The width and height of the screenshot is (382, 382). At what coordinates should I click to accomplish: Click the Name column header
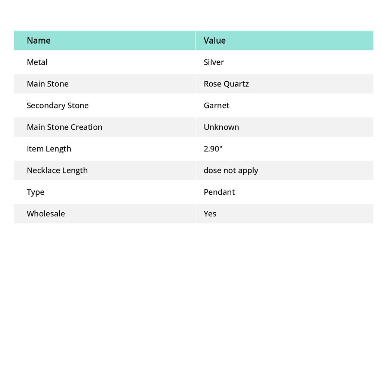pos(38,41)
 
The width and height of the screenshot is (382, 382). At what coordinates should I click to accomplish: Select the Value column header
pos(215,41)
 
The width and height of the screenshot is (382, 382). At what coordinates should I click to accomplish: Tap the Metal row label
pos(37,62)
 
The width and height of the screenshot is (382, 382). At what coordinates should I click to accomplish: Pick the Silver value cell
pos(214,62)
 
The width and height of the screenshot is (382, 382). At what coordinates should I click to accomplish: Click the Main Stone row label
pos(47,84)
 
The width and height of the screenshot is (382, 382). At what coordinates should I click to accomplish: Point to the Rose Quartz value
pos(226,84)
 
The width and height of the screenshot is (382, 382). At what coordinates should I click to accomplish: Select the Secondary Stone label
pos(57,106)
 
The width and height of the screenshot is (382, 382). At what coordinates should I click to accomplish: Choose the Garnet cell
pos(216,106)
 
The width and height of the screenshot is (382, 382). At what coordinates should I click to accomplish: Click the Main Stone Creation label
pos(64,127)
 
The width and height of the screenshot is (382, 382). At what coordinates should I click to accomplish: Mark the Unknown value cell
pos(221,127)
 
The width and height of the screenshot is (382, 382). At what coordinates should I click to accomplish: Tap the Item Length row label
pos(49,149)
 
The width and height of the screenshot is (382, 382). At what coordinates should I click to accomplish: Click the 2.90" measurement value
pos(213,149)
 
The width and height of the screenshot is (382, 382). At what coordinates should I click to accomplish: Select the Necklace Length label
pos(57,170)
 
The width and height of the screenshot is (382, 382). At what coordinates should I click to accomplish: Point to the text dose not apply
pos(231,170)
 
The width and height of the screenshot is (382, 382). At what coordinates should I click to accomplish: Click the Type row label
pos(35,192)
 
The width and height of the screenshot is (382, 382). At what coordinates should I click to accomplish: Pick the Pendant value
pos(219,192)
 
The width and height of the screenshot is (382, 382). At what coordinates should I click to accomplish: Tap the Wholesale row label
pos(46,214)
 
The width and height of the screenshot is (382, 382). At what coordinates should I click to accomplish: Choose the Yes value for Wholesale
pos(210,214)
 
